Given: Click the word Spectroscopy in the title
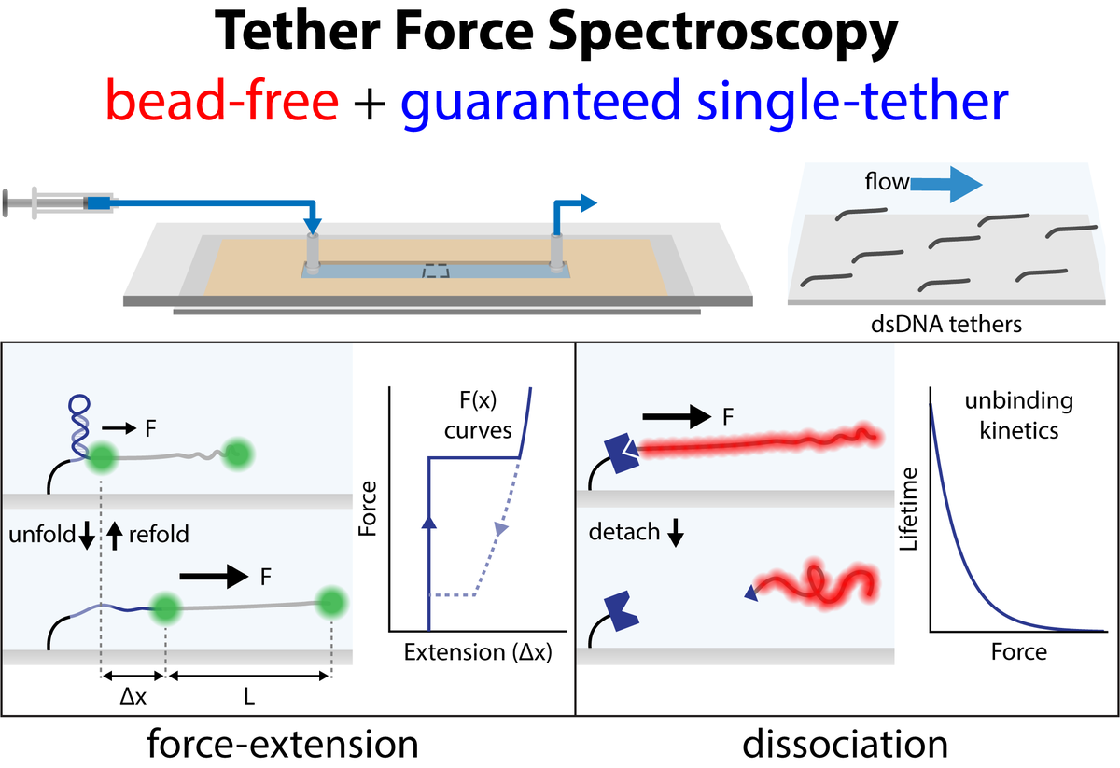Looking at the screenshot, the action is [x=723, y=34].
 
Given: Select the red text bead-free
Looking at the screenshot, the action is [x=222, y=101].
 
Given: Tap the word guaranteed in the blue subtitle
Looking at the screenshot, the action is [x=540, y=104].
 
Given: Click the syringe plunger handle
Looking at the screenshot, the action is [x=6, y=203].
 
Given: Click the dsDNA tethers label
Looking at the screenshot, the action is [x=946, y=325].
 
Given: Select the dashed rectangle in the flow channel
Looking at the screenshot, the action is [x=436, y=271].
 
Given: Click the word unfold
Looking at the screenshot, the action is [x=42, y=535].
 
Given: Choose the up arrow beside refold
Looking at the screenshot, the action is [x=115, y=536].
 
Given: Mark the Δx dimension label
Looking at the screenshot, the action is [x=133, y=696].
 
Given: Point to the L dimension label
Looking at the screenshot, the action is [x=249, y=696].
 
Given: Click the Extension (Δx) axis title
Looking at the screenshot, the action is [x=478, y=652].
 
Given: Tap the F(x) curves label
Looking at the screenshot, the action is [x=478, y=415].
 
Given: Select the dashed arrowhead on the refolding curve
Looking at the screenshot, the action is [x=500, y=528].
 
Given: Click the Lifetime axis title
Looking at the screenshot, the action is [x=908, y=509].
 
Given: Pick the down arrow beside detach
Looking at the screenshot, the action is [x=676, y=533].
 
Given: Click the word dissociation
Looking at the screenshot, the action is [x=845, y=745].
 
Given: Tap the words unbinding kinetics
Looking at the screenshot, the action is [x=1019, y=415].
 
